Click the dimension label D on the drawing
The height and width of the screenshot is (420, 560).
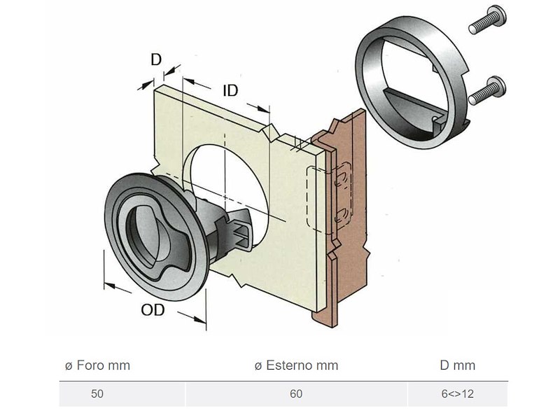156,59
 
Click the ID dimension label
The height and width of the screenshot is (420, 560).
230,90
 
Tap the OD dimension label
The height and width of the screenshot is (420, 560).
153,308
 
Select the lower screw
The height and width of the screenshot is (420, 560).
487,90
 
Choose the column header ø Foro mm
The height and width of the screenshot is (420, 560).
97,365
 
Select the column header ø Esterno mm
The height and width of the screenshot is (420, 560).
296,365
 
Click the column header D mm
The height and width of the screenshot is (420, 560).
457,365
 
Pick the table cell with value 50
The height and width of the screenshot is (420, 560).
97,394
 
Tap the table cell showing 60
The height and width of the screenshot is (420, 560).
296,394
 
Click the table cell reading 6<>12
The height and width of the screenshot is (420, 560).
457,394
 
